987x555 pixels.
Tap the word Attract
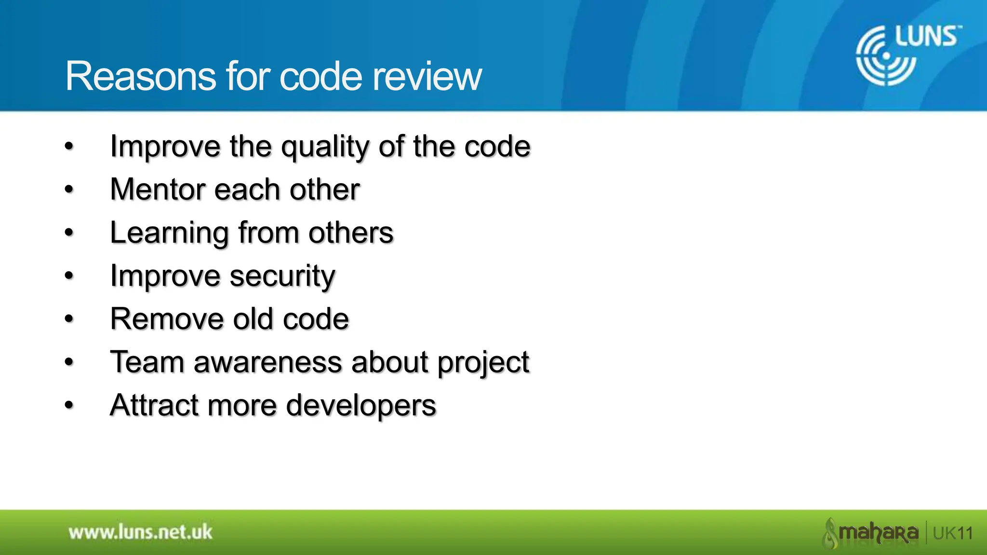[x=154, y=405]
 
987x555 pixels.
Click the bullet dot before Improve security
[x=69, y=276]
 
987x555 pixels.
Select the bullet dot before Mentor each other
[x=69, y=190]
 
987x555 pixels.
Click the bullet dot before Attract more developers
[x=69, y=405]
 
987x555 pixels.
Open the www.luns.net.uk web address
[x=140, y=532]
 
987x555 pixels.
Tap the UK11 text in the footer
[x=953, y=533]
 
